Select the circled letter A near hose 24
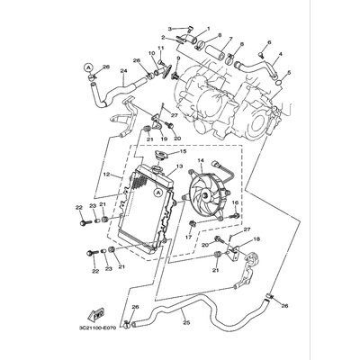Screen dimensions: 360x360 coord(87,67)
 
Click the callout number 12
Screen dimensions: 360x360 coord(105,174)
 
